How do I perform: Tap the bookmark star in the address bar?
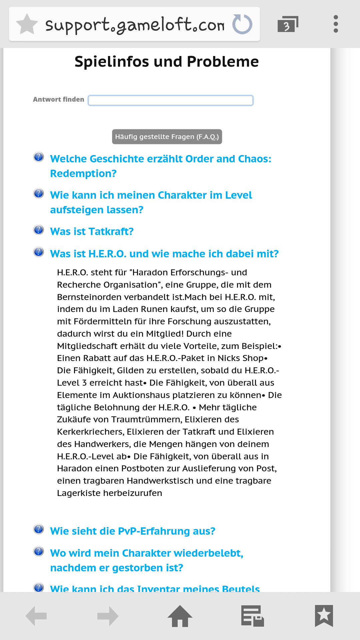pyautogui.click(x=27, y=24)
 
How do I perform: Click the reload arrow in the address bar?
pyautogui.click(x=242, y=24)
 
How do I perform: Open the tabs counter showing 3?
pyautogui.click(x=287, y=24)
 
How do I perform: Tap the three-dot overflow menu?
pyautogui.click(x=336, y=24)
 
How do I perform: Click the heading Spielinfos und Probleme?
pyautogui.click(x=167, y=62)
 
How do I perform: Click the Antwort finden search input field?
pyautogui.click(x=170, y=100)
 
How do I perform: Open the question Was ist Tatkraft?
pyautogui.click(x=92, y=231)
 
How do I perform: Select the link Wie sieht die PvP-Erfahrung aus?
pyautogui.click(x=133, y=531)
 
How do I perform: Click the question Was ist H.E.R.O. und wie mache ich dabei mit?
pyautogui.click(x=164, y=254)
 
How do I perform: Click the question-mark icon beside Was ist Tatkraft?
pyautogui.click(x=39, y=230)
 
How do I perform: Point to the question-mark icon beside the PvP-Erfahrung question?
pyautogui.click(x=39, y=529)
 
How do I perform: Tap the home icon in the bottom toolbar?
pyautogui.click(x=180, y=616)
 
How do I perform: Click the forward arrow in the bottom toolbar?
pyautogui.click(x=108, y=616)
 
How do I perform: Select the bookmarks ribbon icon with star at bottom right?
pyautogui.click(x=324, y=616)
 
